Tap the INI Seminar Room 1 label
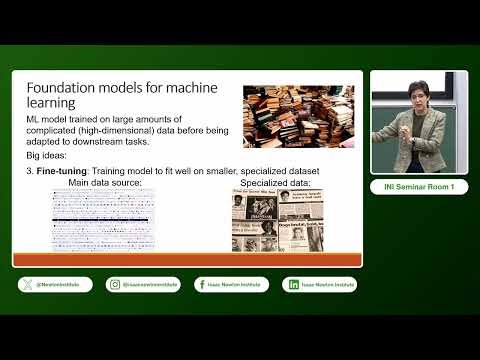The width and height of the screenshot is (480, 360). click(x=419, y=187)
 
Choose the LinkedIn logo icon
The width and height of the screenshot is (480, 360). click(x=293, y=284)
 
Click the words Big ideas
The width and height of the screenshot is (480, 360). click(x=49, y=157)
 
